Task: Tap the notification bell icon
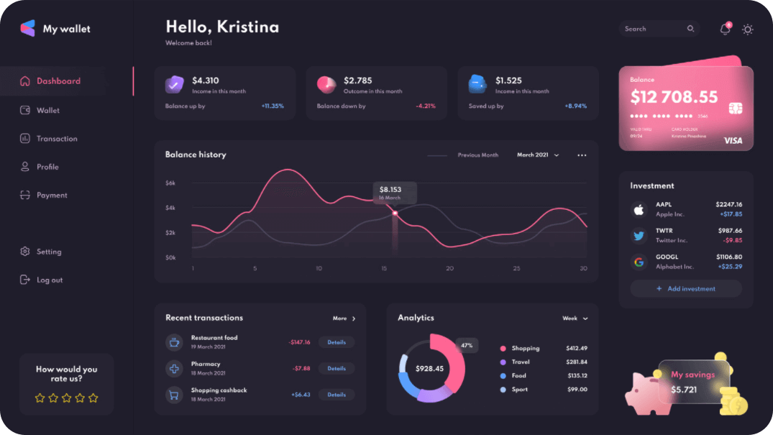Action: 725,29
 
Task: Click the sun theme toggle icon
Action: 748,29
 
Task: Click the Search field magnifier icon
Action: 690,29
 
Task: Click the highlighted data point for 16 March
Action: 395,214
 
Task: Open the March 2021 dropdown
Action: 538,155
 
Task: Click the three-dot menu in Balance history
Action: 582,155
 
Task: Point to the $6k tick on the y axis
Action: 170,183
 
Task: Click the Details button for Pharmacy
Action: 337,368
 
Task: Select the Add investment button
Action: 685,288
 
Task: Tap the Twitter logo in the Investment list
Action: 639,235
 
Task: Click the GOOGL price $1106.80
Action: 728,257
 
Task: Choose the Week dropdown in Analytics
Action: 575,318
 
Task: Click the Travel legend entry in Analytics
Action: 520,362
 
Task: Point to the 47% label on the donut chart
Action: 467,345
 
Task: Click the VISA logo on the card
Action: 733,140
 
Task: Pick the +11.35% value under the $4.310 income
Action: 273,106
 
